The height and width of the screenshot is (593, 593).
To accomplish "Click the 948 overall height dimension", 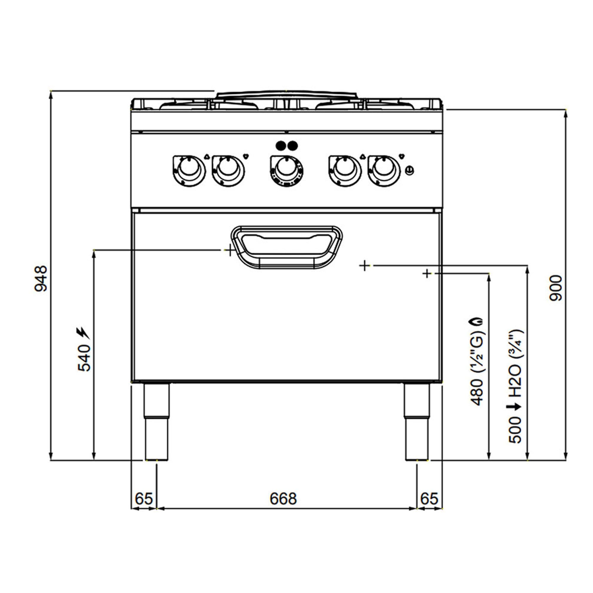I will [41, 279].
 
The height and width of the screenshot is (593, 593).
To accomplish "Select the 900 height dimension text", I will [556, 288].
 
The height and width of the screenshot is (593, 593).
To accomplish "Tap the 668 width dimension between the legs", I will [283, 499].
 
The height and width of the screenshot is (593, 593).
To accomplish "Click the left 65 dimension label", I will [144, 499].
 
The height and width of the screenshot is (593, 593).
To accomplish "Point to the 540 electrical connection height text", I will [85, 358].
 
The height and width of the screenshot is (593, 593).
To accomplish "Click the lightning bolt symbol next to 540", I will [82, 332].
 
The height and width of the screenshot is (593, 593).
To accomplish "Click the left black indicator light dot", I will [280, 146].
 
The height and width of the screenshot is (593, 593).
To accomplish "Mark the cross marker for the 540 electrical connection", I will [229, 250].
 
